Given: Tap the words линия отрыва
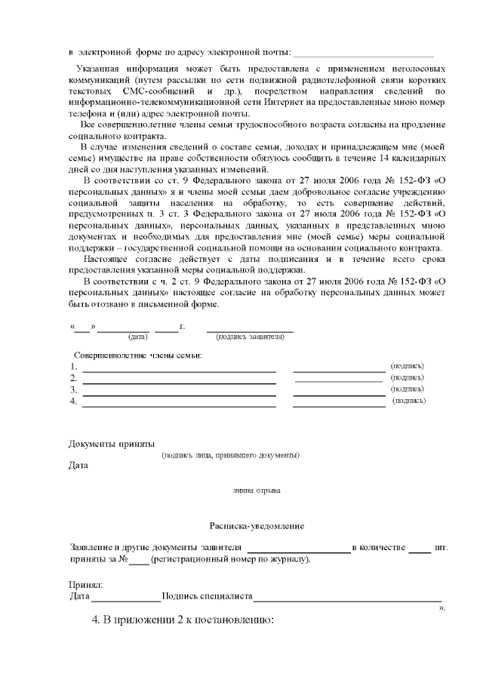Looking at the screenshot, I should (x=257, y=491).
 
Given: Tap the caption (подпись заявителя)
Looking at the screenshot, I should (x=250, y=337).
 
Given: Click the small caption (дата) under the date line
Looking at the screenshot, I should (x=137, y=337).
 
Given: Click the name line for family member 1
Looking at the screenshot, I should (x=179, y=371).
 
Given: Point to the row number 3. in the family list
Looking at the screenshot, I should (x=74, y=390).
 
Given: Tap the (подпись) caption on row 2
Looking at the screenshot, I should (x=407, y=377).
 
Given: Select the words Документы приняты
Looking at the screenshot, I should (x=112, y=443).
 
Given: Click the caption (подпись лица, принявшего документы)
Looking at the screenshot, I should (x=230, y=455).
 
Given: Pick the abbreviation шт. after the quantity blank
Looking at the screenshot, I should (x=441, y=547).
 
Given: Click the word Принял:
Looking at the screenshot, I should (x=86, y=585).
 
